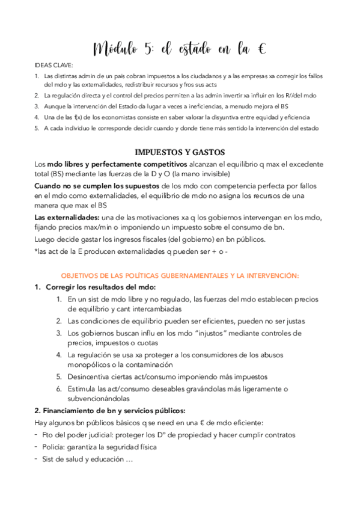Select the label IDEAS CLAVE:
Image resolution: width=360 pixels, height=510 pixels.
click(x=53, y=66)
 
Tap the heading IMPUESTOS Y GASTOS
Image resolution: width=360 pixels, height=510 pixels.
click(x=180, y=152)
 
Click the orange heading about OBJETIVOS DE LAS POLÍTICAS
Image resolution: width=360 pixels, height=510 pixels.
click(x=180, y=275)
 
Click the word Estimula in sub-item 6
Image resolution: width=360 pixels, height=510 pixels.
click(x=83, y=388)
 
